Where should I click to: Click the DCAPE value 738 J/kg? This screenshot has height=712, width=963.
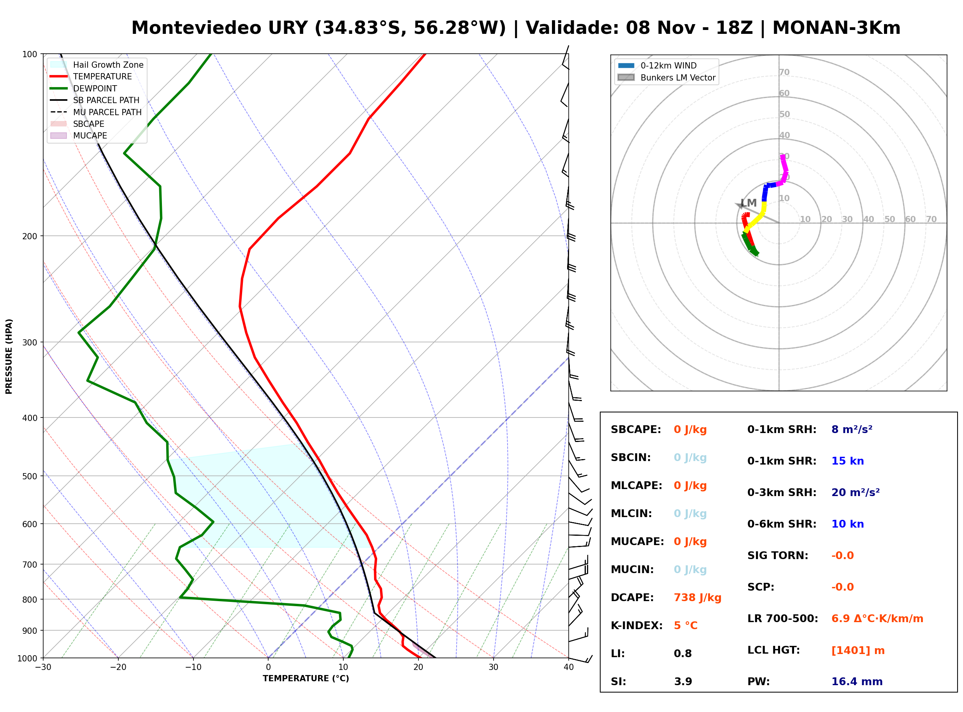click(x=698, y=598)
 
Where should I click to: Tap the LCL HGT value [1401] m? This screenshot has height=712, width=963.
click(x=858, y=651)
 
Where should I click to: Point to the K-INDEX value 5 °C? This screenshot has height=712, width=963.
click(x=685, y=626)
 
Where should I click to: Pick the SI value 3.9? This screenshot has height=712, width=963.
click(x=683, y=682)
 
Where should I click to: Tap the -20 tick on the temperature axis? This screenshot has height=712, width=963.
click(x=118, y=668)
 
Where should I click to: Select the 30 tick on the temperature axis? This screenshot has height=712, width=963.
click(x=493, y=668)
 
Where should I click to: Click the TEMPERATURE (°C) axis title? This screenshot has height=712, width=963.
click(x=306, y=679)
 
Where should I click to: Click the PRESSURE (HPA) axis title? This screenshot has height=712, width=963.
click(x=9, y=356)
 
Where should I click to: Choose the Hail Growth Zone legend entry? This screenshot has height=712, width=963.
click(x=97, y=65)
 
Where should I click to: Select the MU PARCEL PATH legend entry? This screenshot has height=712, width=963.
click(x=96, y=112)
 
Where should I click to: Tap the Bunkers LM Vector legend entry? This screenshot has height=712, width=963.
click(x=666, y=77)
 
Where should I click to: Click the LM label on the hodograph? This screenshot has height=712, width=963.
click(x=749, y=203)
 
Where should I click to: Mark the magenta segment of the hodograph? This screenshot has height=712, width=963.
click(x=784, y=170)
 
